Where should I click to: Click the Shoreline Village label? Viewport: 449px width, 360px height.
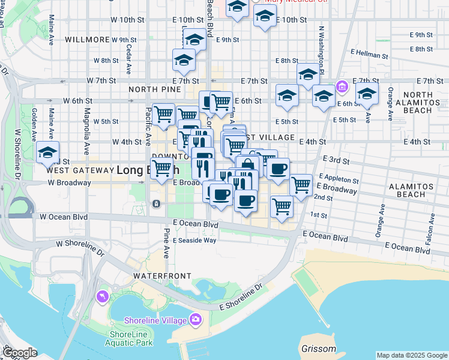coord(155,320)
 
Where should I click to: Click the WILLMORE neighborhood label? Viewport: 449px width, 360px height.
coord(87,40)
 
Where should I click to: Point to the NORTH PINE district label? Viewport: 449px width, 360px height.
coord(154,89)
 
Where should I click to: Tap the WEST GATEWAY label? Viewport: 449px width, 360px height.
coord(80,170)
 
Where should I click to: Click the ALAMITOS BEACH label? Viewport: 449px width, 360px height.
coord(420,190)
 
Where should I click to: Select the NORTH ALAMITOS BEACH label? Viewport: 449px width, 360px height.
coord(426,103)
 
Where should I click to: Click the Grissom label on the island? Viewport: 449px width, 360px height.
coord(318,349)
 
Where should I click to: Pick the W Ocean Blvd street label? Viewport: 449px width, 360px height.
coord(64,217)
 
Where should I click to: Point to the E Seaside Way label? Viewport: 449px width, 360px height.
coord(194,240)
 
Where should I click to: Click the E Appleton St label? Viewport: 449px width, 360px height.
coord(339,179)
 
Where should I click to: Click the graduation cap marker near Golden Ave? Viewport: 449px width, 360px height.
coord(48,152)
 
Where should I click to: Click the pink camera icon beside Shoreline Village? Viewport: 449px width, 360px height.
coord(195,319)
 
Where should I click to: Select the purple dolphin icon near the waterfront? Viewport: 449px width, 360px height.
coord(103,297)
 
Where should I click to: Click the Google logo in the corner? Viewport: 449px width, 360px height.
coord(19,353)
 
